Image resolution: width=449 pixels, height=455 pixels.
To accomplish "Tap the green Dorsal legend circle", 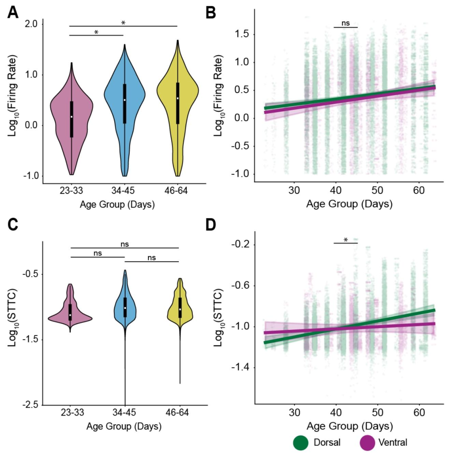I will (300, 443).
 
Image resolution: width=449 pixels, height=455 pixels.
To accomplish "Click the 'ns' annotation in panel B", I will (345, 23).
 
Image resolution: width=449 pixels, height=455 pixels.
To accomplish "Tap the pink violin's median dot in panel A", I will (72, 117).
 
